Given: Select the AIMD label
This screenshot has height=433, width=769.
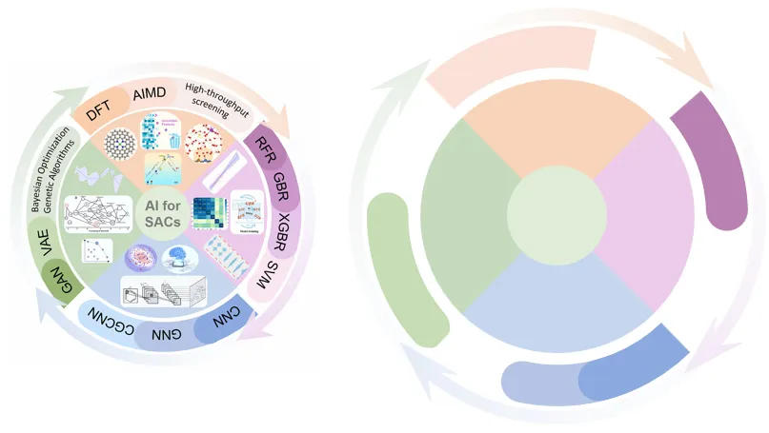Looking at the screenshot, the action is [150, 95].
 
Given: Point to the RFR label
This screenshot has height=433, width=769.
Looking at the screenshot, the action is [260, 149].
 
